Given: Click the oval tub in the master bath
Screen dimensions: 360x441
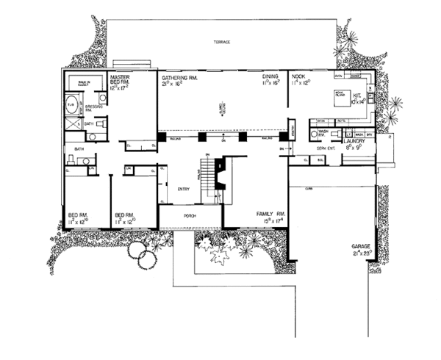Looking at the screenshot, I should (71, 103).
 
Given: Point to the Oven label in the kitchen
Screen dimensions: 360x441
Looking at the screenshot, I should (339, 75).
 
